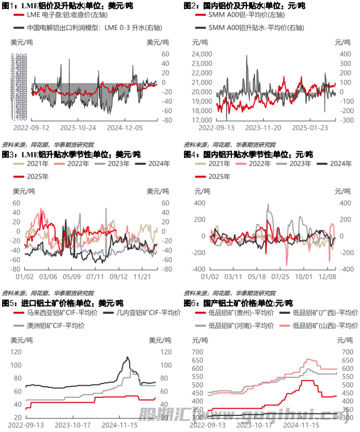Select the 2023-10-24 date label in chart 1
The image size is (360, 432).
tap(78, 127)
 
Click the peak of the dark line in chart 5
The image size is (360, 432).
tap(128, 358)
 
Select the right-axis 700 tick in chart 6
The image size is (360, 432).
tap(347, 351)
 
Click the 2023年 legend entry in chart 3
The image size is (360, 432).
tap(117, 164)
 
